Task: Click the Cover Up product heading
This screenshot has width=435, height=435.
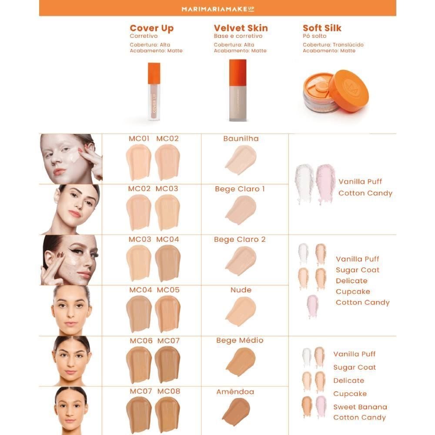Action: [x=151, y=29]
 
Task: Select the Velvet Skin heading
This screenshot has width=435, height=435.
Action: [x=241, y=28]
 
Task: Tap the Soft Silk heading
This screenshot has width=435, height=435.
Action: [x=322, y=28]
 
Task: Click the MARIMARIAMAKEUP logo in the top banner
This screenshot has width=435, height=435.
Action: [x=217, y=8]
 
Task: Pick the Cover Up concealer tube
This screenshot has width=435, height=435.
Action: [x=154, y=91]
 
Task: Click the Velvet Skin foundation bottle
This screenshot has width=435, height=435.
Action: [x=238, y=90]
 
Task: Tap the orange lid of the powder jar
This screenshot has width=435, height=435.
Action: [x=348, y=90]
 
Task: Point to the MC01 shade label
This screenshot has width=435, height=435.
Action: [x=139, y=139]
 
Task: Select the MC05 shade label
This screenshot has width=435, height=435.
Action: [x=168, y=290]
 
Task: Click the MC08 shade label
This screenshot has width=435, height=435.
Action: [x=169, y=391]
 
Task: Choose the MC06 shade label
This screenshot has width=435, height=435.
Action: [x=141, y=341]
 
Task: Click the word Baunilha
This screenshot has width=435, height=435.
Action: [x=241, y=139]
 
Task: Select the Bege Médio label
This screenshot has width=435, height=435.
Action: [x=240, y=341]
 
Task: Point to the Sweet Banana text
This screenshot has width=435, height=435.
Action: [x=360, y=407]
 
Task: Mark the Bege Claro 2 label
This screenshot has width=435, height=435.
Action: [x=240, y=240]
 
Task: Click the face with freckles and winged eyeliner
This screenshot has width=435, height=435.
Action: [x=70, y=260]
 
